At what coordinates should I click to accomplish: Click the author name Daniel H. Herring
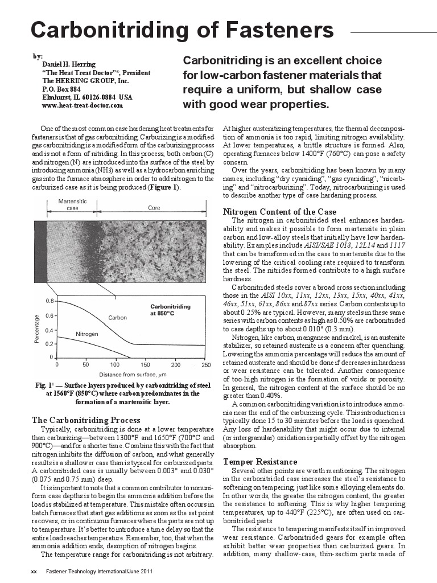tap(69, 64)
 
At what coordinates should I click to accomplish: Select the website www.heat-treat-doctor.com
tap(83, 105)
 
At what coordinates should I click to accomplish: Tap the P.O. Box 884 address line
tap(61, 89)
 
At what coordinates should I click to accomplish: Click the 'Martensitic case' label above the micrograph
tap(72, 205)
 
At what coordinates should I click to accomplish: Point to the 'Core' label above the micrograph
tap(154, 208)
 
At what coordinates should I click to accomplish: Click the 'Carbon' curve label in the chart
tap(117, 317)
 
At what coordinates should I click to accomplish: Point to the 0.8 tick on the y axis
tap(50, 301)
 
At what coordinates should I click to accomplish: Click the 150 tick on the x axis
tap(145, 364)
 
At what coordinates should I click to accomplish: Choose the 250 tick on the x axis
tap(204, 364)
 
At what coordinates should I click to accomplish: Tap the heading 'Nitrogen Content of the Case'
tap(279, 212)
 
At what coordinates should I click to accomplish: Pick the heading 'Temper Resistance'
tap(260, 461)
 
